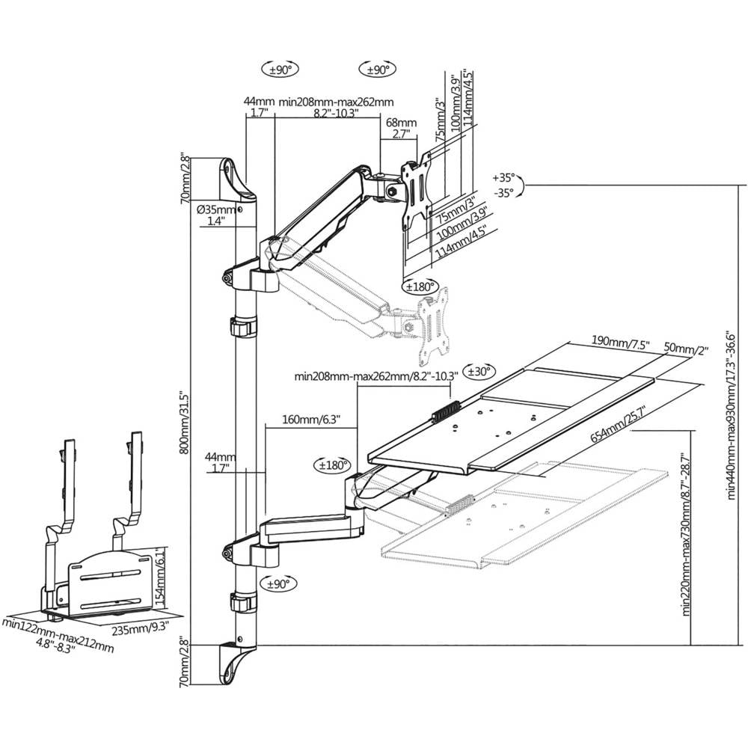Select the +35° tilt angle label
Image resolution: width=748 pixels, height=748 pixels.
tap(504, 179)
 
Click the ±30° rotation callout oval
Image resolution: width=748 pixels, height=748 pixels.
tap(479, 371)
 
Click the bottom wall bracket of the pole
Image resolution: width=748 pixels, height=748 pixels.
tap(236, 663)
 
